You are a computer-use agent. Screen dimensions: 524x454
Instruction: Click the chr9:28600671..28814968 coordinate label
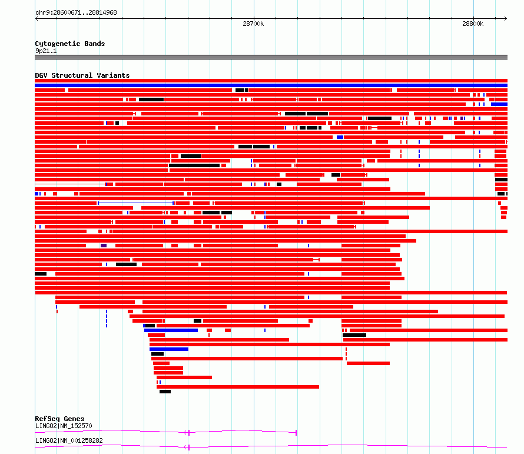tap(76, 12)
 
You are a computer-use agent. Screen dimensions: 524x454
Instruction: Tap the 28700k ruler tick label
tap(253, 24)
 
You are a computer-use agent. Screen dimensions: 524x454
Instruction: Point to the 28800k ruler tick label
tap(473, 24)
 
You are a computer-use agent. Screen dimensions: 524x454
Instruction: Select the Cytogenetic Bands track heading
tap(70, 44)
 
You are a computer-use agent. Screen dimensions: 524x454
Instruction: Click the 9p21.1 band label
tap(46, 51)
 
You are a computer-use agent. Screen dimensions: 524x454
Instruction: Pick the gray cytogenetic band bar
tap(271, 57)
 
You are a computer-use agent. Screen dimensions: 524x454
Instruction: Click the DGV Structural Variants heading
tap(82, 75)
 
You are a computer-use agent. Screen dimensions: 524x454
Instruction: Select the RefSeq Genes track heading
tap(59, 419)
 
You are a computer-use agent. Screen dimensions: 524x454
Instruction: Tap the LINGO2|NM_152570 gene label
tap(64, 426)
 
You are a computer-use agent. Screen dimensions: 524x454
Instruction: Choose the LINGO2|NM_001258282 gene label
tap(69, 440)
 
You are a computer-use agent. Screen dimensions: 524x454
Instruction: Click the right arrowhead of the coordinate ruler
tap(506, 19)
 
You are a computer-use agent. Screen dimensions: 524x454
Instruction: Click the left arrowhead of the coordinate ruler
tap(37, 19)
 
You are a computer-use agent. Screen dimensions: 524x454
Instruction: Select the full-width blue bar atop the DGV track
tap(271, 85)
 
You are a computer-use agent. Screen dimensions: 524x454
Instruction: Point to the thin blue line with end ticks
tap(135, 203)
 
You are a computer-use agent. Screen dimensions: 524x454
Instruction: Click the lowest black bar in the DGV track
tap(165, 392)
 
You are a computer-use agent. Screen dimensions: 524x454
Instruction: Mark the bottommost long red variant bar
tap(238, 387)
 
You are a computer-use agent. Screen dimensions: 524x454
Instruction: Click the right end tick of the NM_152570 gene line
tap(296, 433)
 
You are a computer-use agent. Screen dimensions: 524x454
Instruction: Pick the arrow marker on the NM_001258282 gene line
tap(186, 448)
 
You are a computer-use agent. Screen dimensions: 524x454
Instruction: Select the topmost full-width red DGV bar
tap(271, 81)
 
